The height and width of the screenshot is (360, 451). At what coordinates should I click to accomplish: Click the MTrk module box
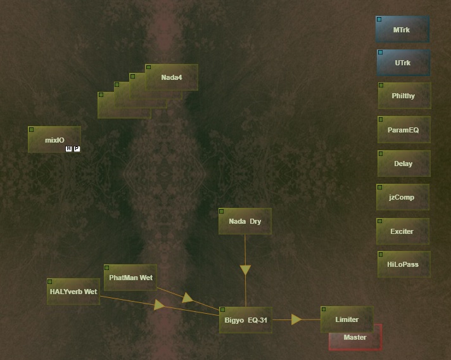(402, 30)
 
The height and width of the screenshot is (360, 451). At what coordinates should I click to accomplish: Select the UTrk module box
(402, 63)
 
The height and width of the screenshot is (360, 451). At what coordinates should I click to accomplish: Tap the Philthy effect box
(403, 96)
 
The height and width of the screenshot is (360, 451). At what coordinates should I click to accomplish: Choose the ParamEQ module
(403, 130)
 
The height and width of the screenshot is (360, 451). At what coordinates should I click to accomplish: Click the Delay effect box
(403, 164)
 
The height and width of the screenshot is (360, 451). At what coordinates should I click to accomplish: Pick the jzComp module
(402, 197)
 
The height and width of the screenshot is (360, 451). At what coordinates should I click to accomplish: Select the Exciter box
(402, 231)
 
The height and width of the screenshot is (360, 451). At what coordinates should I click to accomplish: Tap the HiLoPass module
(403, 265)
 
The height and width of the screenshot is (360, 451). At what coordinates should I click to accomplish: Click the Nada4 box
(172, 77)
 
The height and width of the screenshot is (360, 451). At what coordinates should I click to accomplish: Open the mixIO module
(54, 139)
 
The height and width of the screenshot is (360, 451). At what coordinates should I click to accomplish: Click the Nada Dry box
(245, 221)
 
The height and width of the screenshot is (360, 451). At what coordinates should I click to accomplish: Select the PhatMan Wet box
(130, 278)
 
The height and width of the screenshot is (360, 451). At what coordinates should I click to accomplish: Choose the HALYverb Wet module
(73, 292)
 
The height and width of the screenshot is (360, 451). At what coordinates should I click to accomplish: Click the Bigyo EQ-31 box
(246, 320)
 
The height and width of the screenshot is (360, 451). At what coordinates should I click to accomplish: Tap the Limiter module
(347, 319)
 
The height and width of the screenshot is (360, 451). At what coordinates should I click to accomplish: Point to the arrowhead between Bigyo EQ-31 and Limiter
(296, 319)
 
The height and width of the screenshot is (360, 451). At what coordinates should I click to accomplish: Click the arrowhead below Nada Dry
(245, 270)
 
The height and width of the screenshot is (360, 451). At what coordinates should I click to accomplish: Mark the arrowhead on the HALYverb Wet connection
(160, 305)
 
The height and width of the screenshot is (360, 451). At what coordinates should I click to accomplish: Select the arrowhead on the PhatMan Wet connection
(187, 297)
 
